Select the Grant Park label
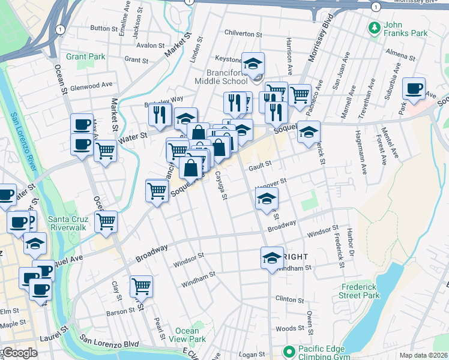click(86, 57)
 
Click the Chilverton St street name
click(245, 34)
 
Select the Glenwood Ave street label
click(91, 86)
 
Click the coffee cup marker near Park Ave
click(414, 89)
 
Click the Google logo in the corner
click(19, 353)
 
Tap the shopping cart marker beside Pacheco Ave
click(300, 94)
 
